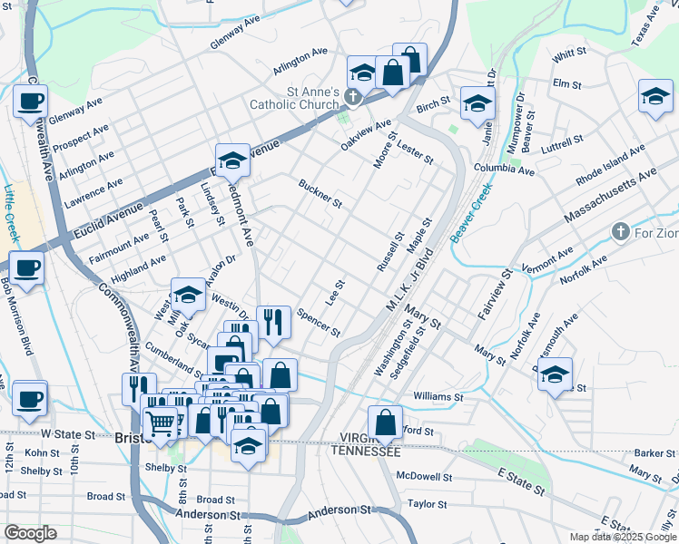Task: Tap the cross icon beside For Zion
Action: [x=620, y=232]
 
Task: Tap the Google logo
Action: [x=30, y=533]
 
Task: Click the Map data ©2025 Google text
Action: [x=622, y=537]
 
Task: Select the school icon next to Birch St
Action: [x=476, y=102]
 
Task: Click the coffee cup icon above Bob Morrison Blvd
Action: [x=27, y=267]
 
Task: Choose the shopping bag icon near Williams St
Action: [x=385, y=422]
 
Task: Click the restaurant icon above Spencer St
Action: [x=272, y=321]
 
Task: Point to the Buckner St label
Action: [x=320, y=192]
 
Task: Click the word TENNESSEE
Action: [x=366, y=452]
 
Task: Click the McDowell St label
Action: [x=424, y=476]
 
